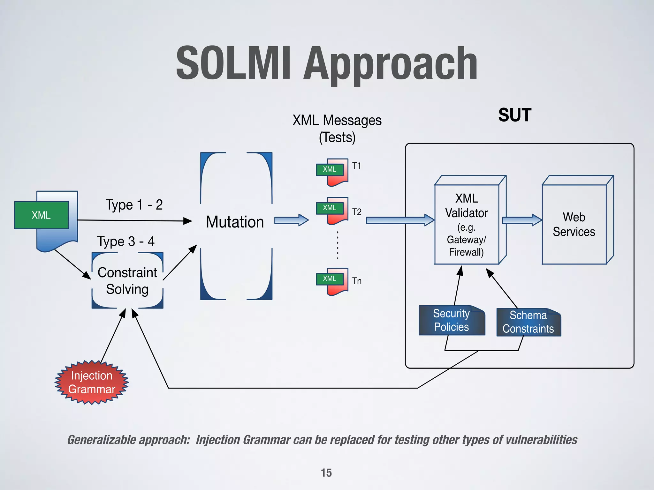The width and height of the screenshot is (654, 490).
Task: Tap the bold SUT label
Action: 514,115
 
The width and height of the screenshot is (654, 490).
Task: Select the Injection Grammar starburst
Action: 92,382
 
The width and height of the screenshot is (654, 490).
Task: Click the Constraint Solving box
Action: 127,281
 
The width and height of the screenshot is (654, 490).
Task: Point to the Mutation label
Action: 235,222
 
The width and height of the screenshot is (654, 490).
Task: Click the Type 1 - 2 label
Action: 134,205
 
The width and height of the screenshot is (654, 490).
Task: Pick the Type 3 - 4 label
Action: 126,241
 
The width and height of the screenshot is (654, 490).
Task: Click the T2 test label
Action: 357,212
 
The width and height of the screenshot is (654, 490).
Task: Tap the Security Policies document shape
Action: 452,320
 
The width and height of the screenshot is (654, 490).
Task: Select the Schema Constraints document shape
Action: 528,322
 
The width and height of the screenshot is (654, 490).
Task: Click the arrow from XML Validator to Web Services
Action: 522,220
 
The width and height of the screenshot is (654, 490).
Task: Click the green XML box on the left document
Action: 42,215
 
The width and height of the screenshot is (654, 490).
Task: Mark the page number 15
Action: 326,473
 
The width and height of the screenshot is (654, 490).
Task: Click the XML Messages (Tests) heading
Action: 337,129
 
